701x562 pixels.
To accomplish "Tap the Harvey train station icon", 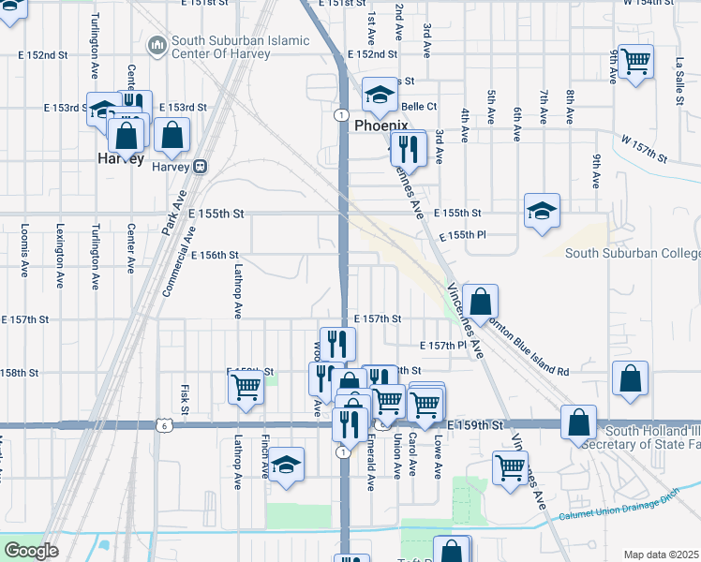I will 200,166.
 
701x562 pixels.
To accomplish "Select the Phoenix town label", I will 380,126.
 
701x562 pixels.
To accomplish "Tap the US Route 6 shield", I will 166,425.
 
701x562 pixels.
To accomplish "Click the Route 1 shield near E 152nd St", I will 338,113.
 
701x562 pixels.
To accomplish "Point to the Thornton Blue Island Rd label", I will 529,347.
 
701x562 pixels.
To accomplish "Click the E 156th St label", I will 213,255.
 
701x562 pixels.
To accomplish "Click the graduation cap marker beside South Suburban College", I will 542,212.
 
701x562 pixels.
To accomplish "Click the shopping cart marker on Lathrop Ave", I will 246,387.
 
